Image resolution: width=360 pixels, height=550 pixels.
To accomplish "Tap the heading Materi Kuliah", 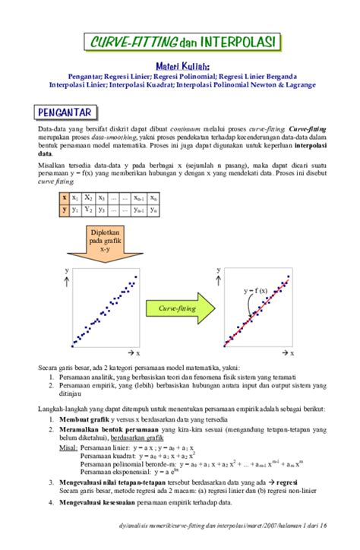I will pyautogui.click(x=182, y=66).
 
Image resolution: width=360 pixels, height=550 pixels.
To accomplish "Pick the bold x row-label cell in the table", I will pyautogui.click(x=65, y=197).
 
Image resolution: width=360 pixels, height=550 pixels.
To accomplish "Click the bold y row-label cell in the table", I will pyautogui.click(x=65, y=209).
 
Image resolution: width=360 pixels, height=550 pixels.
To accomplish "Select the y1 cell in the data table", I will pyautogui.click(x=77, y=209).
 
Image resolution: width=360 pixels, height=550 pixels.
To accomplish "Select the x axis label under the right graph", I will pyautogui.click(x=288, y=353).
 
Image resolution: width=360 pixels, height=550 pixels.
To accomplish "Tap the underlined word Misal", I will pyautogui.click(x=68, y=447).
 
